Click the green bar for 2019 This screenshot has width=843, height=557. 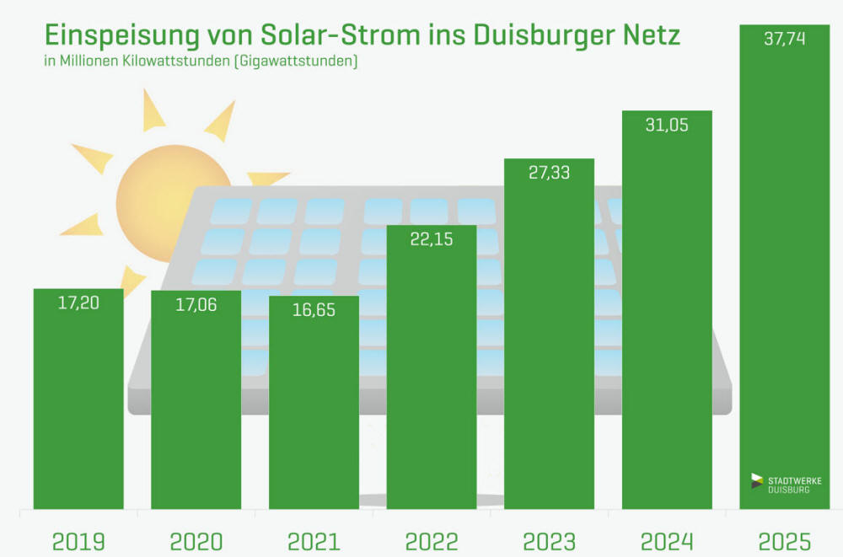tap(78, 404)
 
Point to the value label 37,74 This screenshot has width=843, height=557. tap(784, 40)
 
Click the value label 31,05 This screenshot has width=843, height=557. tap(667, 126)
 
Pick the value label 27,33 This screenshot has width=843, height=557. tap(549, 174)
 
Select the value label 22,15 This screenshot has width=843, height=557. tap(432, 239)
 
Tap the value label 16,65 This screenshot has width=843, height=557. tap(314, 310)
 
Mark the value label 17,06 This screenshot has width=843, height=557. tap(196, 305)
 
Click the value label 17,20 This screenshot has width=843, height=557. tap(78, 303)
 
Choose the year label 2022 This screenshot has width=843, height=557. tap(432, 541)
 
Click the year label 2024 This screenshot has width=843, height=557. tap(667, 541)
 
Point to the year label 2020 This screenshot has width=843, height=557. tap(196, 541)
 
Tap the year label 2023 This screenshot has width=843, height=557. tap(549, 541)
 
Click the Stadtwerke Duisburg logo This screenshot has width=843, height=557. tap(780, 484)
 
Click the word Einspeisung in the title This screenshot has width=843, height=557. tap(120, 37)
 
